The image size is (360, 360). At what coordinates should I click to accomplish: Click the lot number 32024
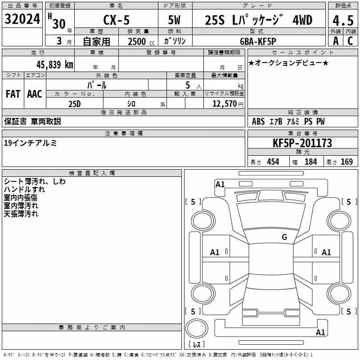point(22,19)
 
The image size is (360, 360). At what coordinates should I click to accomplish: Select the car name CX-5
point(117,20)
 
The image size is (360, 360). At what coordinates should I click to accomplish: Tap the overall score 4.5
point(343,20)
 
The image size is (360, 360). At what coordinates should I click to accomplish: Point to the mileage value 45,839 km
point(54,65)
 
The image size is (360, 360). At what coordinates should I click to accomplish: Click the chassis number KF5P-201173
point(302,143)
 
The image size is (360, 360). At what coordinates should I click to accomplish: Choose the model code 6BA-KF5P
point(258,41)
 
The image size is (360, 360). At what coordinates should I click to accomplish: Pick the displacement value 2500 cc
point(141,41)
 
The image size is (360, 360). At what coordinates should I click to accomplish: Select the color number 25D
point(75,104)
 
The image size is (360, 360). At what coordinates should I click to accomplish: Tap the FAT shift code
point(13,94)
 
